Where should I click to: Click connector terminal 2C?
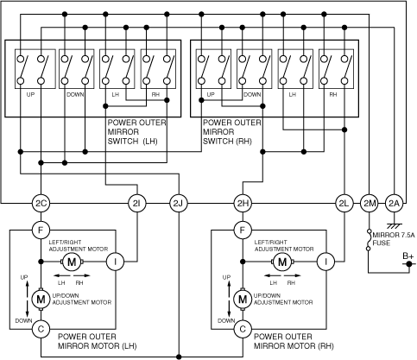click(x=41, y=204)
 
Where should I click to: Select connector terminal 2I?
click(x=137, y=204)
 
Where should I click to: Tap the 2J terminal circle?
click(x=179, y=204)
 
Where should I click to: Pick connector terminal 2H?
click(x=243, y=204)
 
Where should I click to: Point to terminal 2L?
click(x=344, y=204)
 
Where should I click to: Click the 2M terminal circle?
click(x=370, y=204)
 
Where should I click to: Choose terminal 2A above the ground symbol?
click(x=395, y=204)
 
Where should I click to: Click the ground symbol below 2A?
click(x=395, y=226)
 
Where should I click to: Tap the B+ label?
click(x=408, y=256)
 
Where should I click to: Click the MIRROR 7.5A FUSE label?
click(x=394, y=239)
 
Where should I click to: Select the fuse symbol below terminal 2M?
click(x=369, y=240)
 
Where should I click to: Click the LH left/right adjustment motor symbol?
click(x=72, y=262)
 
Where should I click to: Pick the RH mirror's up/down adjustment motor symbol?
click(x=243, y=300)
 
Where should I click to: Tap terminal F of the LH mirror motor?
click(x=41, y=230)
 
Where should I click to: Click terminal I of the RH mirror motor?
click(x=325, y=262)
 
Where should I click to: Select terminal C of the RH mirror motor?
click(x=243, y=329)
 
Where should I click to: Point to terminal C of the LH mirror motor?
click(x=41, y=329)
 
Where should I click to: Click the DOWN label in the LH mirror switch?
click(x=75, y=94)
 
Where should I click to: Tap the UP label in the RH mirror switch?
click(x=211, y=94)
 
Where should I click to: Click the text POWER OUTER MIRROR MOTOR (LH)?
click(x=98, y=341)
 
